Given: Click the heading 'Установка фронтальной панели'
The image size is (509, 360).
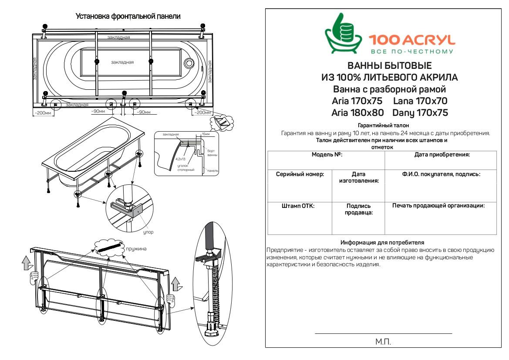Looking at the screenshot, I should pyautogui.click(x=128, y=16).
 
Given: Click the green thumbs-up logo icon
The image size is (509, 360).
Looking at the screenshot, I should pyautogui.click(x=344, y=34).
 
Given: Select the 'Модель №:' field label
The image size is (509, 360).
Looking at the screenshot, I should pyautogui.click(x=327, y=155).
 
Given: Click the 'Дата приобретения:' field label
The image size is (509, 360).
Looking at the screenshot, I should pyautogui.click(x=442, y=155).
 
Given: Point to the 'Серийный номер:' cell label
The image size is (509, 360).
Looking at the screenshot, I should pyautogui.click(x=300, y=174).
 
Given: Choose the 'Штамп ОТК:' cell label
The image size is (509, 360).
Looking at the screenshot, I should pyautogui.click(x=298, y=206).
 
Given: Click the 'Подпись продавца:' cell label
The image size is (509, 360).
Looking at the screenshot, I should pyautogui.click(x=358, y=210).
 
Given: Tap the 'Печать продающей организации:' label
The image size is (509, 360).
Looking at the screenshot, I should pyautogui.click(x=438, y=206).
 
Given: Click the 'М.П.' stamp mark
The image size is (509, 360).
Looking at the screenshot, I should pyautogui.click(x=383, y=342).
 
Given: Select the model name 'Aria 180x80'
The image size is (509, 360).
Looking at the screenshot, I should pyautogui.click(x=357, y=113).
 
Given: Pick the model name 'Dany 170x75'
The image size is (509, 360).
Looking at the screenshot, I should pyautogui.click(x=420, y=113).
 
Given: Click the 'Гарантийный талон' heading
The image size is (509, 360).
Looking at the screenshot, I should pyautogui.click(x=384, y=126).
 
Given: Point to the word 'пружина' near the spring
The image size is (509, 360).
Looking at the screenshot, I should pyautogui.click(x=136, y=249).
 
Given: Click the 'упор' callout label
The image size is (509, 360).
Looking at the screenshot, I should pyautogui.click(x=148, y=232).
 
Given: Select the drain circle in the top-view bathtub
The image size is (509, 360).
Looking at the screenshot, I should pyautogui.click(x=189, y=63).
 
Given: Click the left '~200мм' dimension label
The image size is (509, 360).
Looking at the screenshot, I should pyautogui.click(x=43, y=113).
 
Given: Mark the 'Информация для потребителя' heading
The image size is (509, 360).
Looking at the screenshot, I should pyautogui.click(x=382, y=242).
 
